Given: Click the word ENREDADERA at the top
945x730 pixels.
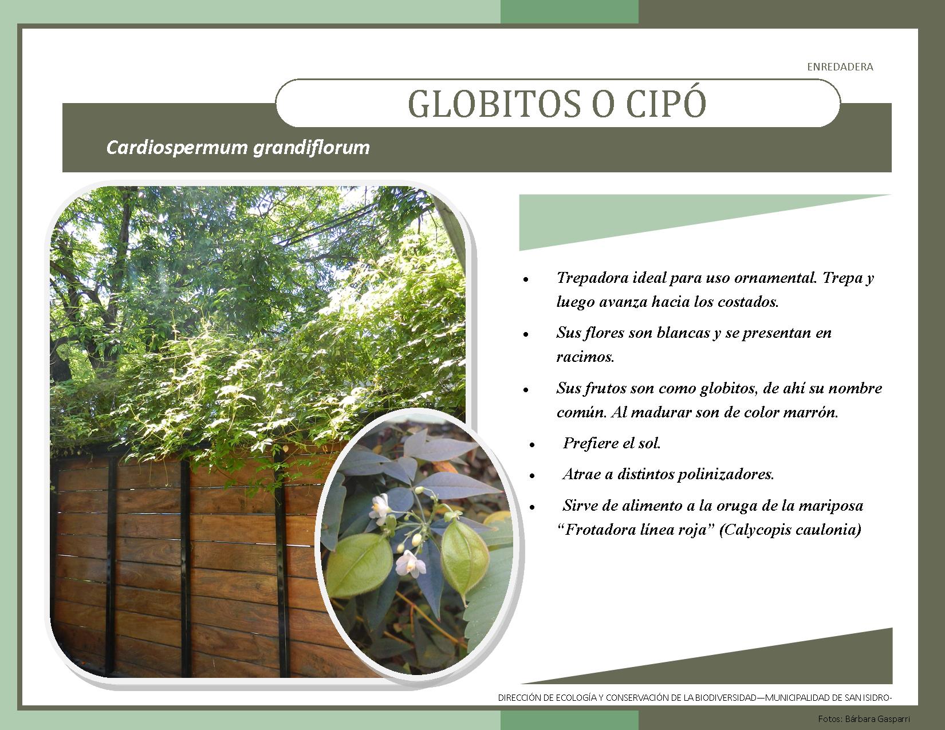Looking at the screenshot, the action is [840, 67].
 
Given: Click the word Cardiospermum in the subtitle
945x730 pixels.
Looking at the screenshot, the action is [177, 148].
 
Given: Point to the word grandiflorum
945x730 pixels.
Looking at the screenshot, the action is [312, 148].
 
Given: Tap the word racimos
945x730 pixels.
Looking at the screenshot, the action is [585, 357].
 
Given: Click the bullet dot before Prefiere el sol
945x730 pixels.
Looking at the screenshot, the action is [532, 445].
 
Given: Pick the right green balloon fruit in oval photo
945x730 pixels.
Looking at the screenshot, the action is [464, 558].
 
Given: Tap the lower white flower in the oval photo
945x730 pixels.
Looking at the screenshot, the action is [410, 564].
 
